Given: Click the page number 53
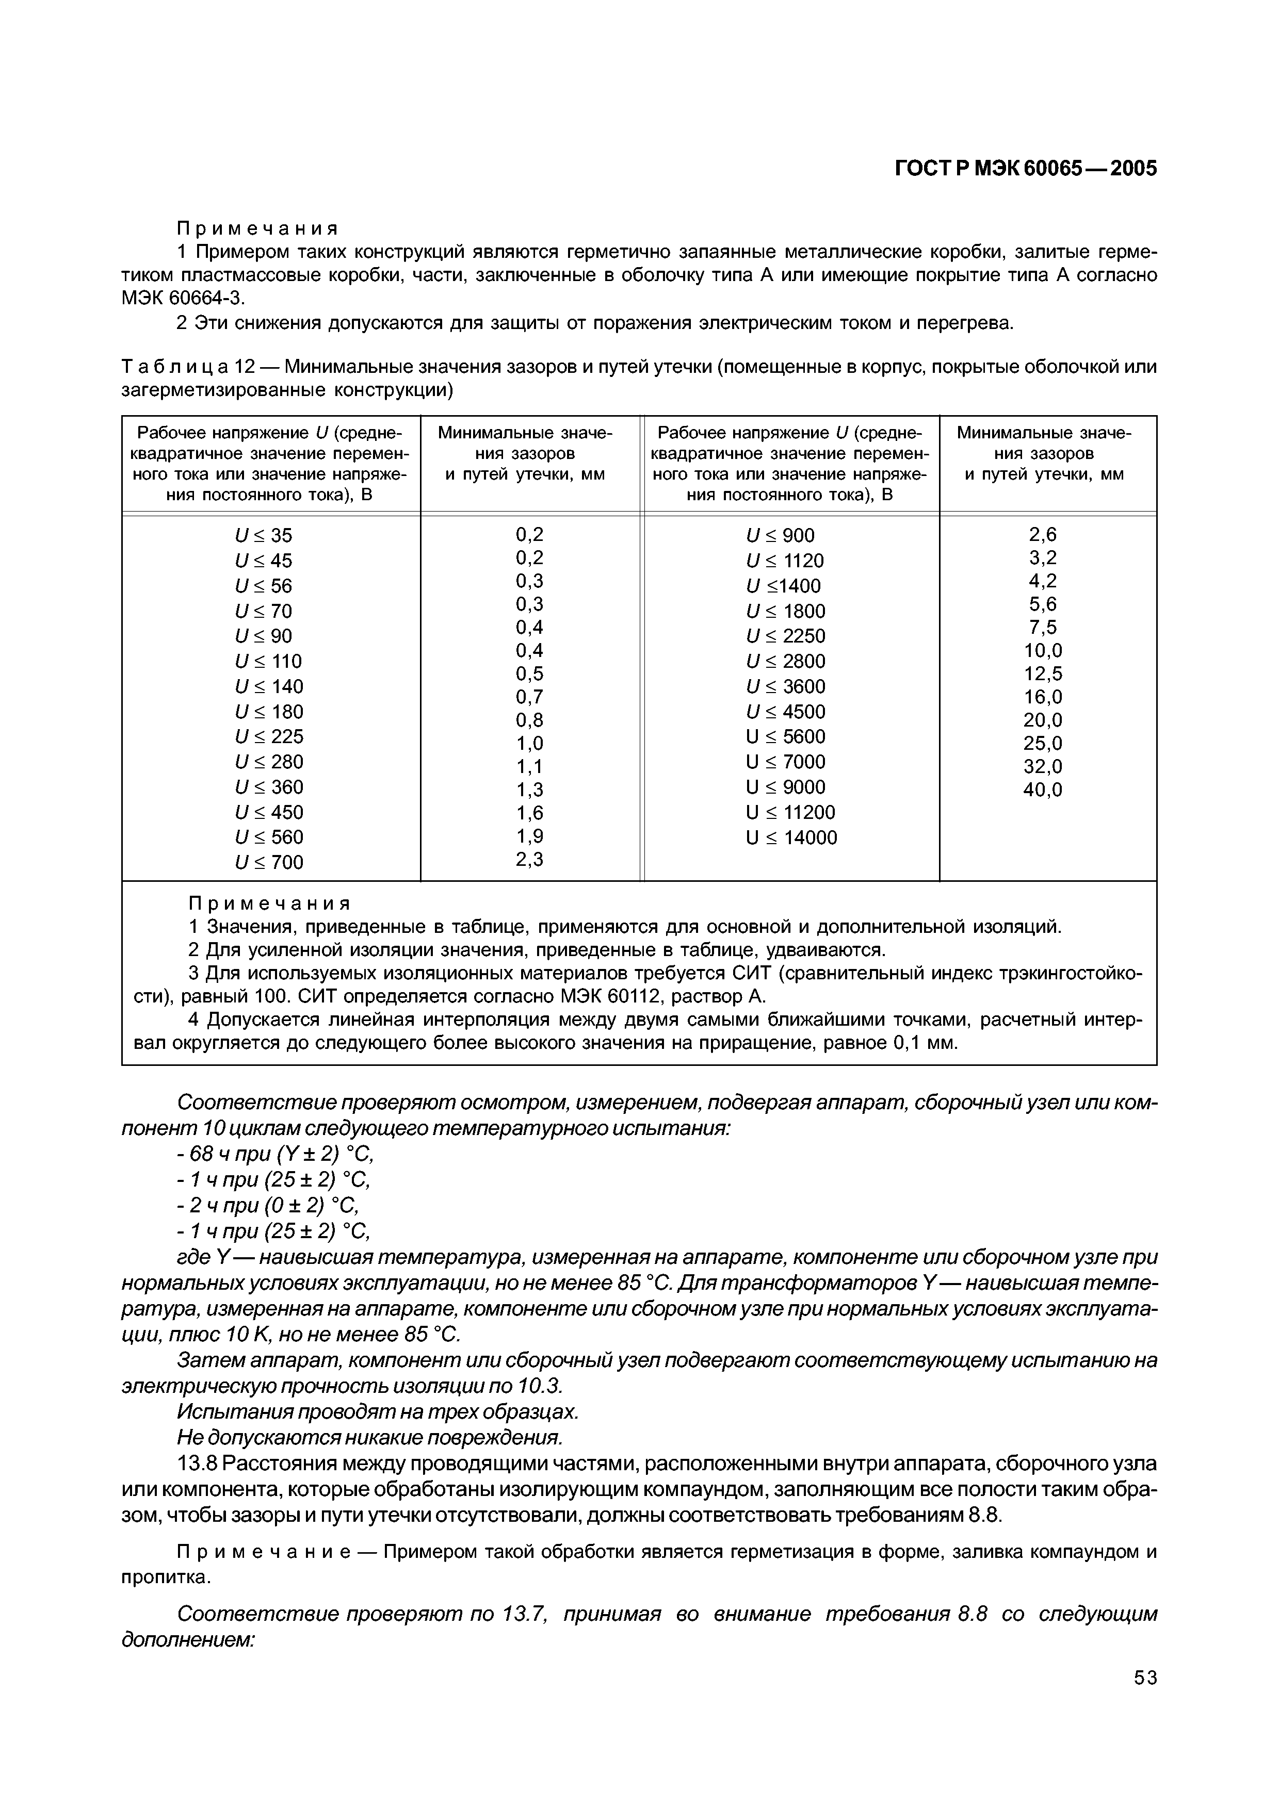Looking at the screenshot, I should click(x=1145, y=1700).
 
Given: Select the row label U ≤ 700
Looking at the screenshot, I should click(x=269, y=862).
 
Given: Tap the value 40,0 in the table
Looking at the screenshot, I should click(x=1043, y=790).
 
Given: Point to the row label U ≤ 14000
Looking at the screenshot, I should click(x=791, y=837).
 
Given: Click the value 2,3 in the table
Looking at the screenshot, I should click(x=529, y=859).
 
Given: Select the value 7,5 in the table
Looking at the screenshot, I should click(x=1043, y=627).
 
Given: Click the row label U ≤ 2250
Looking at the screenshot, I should click(x=786, y=636).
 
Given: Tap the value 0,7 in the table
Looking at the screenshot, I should click(x=529, y=697).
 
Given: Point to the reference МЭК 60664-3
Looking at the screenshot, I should click(x=183, y=298).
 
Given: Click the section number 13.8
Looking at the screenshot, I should click(x=197, y=1462).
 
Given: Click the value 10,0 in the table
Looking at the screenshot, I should click(x=1043, y=651).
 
